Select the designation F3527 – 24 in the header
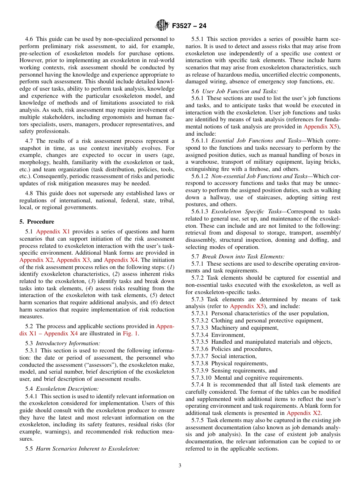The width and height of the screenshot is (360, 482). (x=189, y=26)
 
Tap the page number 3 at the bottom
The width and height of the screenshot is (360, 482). (x=180, y=466)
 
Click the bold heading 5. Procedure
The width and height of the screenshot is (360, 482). (x=37, y=222)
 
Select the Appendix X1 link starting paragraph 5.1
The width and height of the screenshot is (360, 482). (x=53, y=232)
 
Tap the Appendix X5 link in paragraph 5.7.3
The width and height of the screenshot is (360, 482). (x=243, y=306)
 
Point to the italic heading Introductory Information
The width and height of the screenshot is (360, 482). (x=68, y=343)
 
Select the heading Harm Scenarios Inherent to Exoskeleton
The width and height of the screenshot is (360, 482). (x=88, y=449)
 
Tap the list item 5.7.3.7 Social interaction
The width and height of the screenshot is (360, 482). (x=224, y=356)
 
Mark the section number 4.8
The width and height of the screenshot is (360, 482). (x=30, y=193)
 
